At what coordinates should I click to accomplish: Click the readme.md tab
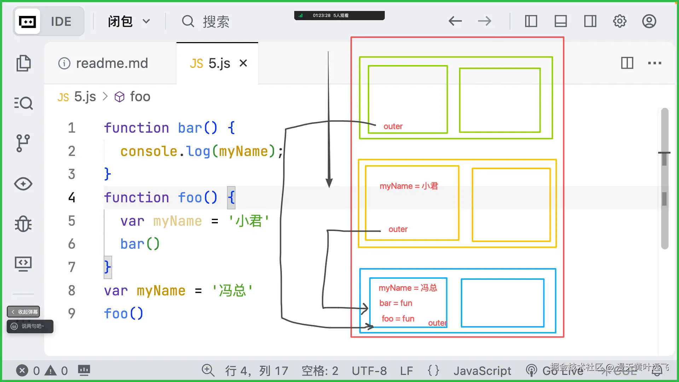click(103, 63)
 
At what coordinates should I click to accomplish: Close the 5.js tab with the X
click(243, 63)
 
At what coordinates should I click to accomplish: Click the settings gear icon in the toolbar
click(619, 21)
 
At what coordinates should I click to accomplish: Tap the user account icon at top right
click(649, 21)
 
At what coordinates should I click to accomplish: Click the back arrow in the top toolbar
click(455, 21)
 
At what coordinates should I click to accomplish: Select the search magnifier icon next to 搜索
click(188, 21)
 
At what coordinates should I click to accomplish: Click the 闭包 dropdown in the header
click(129, 22)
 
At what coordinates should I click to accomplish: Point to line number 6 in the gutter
click(71, 244)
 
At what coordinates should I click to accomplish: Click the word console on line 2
click(149, 151)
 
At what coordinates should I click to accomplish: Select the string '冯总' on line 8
click(232, 291)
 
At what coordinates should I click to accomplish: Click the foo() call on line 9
click(123, 314)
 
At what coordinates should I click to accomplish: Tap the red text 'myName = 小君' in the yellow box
click(408, 186)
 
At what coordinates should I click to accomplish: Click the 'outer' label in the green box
click(393, 126)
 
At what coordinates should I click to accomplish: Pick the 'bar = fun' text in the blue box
click(395, 303)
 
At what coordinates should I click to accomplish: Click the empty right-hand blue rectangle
click(502, 303)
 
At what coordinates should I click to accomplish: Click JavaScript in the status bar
click(482, 371)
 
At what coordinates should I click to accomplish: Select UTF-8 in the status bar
click(369, 371)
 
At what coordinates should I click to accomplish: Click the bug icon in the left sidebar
click(23, 224)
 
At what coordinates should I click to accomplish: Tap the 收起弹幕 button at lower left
click(24, 312)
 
